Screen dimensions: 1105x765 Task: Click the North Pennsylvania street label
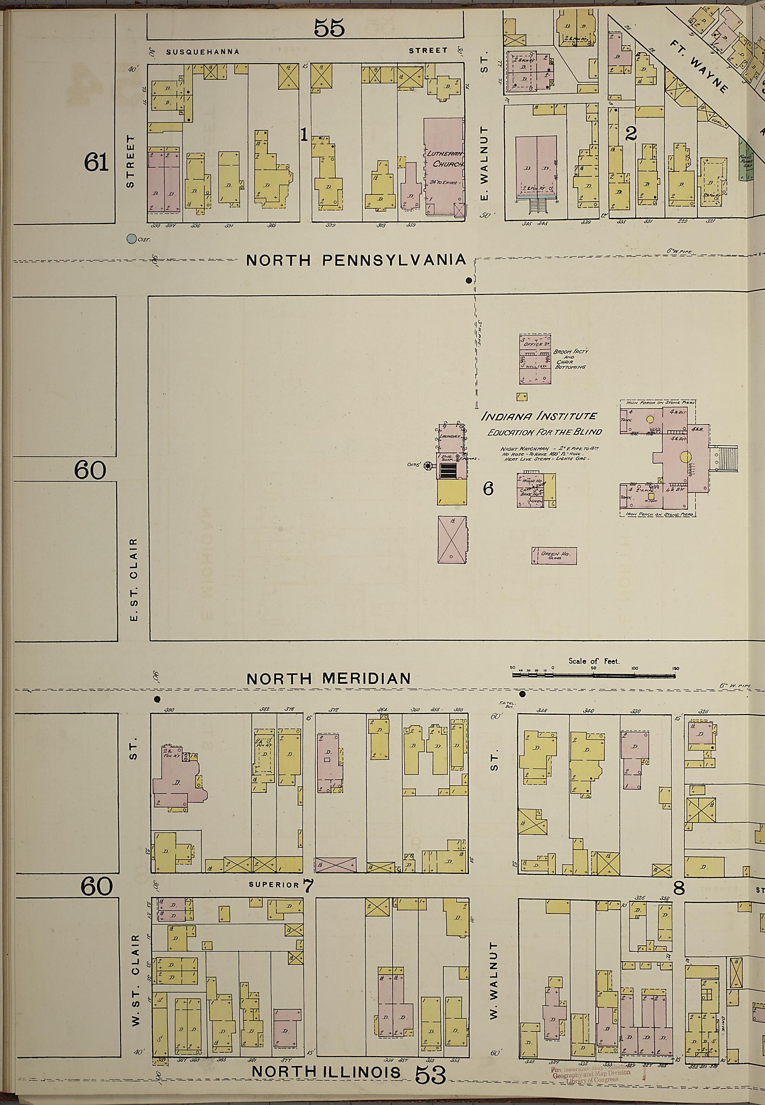pyautogui.click(x=356, y=260)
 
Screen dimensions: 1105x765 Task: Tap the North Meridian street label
pyautogui.click(x=328, y=679)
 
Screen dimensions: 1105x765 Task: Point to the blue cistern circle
pyautogui.click(x=131, y=238)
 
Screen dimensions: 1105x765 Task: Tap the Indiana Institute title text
pyautogui.click(x=539, y=416)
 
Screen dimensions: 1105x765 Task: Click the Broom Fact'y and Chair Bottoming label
pyautogui.click(x=570, y=359)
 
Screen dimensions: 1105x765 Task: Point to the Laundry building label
pyautogui.click(x=450, y=437)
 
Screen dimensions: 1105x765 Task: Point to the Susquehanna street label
pyautogui.click(x=202, y=52)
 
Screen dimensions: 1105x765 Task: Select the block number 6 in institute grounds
pyautogui.click(x=488, y=489)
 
